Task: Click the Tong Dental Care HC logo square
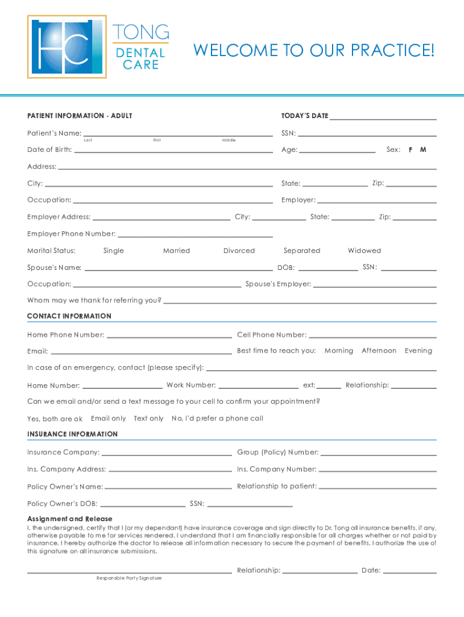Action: click(x=66, y=47)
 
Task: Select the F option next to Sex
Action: click(x=410, y=149)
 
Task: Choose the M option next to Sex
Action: click(x=423, y=149)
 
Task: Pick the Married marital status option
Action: click(x=176, y=251)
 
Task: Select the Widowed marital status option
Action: click(x=364, y=251)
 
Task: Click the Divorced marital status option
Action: click(x=239, y=251)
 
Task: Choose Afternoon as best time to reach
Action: click(x=378, y=351)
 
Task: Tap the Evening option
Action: click(x=418, y=351)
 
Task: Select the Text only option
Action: click(x=148, y=418)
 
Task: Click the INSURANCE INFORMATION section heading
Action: click(x=72, y=434)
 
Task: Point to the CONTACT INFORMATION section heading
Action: click(x=69, y=316)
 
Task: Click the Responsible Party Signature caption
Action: click(x=129, y=578)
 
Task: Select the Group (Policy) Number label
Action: click(x=277, y=453)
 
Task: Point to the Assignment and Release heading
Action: click(x=69, y=519)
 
